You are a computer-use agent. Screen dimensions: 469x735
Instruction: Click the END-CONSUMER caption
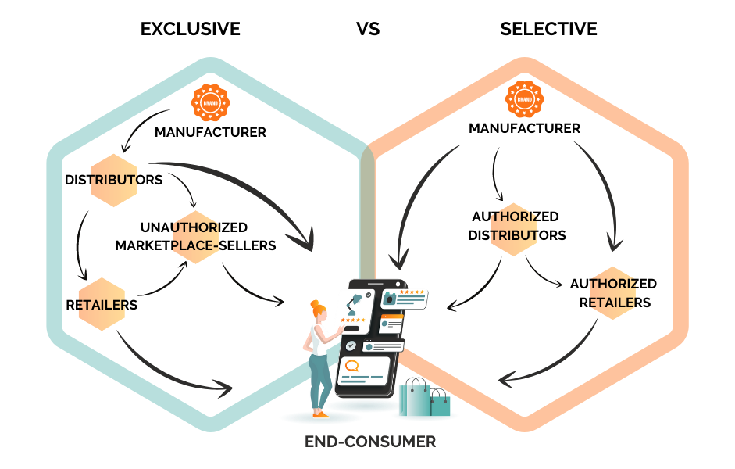pyautogui.click(x=370, y=442)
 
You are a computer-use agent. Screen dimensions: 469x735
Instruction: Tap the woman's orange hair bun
pyautogui.click(x=314, y=303)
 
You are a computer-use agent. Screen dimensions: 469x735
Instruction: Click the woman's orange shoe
pyautogui.click(x=317, y=415)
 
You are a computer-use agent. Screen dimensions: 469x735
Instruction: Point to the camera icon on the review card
pyautogui.click(x=389, y=299)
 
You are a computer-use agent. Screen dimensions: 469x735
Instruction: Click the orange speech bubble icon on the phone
pyautogui.click(x=352, y=365)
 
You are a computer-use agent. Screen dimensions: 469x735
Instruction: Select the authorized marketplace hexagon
pyautogui.click(x=196, y=237)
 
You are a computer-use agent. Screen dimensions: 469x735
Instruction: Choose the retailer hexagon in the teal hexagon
pyautogui.click(x=102, y=304)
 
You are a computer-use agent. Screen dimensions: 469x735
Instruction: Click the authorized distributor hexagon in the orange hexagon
pyautogui.click(x=513, y=229)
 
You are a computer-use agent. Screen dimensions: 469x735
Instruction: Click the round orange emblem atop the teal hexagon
pyautogui.click(x=210, y=102)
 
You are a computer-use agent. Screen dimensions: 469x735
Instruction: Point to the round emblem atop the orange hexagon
pyautogui.click(x=524, y=99)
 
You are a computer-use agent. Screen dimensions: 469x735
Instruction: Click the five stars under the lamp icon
pyautogui.click(x=351, y=319)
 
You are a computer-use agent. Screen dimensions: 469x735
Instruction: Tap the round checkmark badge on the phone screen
pyautogui.click(x=351, y=345)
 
